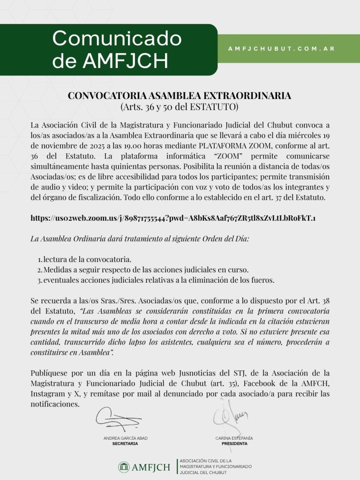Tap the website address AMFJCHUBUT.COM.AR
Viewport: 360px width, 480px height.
point(281,48)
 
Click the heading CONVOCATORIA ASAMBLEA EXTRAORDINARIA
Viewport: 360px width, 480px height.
point(180,96)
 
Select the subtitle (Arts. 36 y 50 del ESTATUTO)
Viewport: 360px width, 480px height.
point(180,106)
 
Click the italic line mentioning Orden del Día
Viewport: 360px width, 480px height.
point(140,239)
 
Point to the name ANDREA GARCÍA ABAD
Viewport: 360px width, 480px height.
point(125,438)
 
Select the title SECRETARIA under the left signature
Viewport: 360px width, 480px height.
point(125,443)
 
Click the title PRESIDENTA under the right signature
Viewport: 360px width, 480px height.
point(234,443)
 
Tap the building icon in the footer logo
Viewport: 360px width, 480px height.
point(124,466)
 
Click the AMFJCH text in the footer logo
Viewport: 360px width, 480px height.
point(151,467)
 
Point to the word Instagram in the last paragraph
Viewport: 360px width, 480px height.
point(47,394)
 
